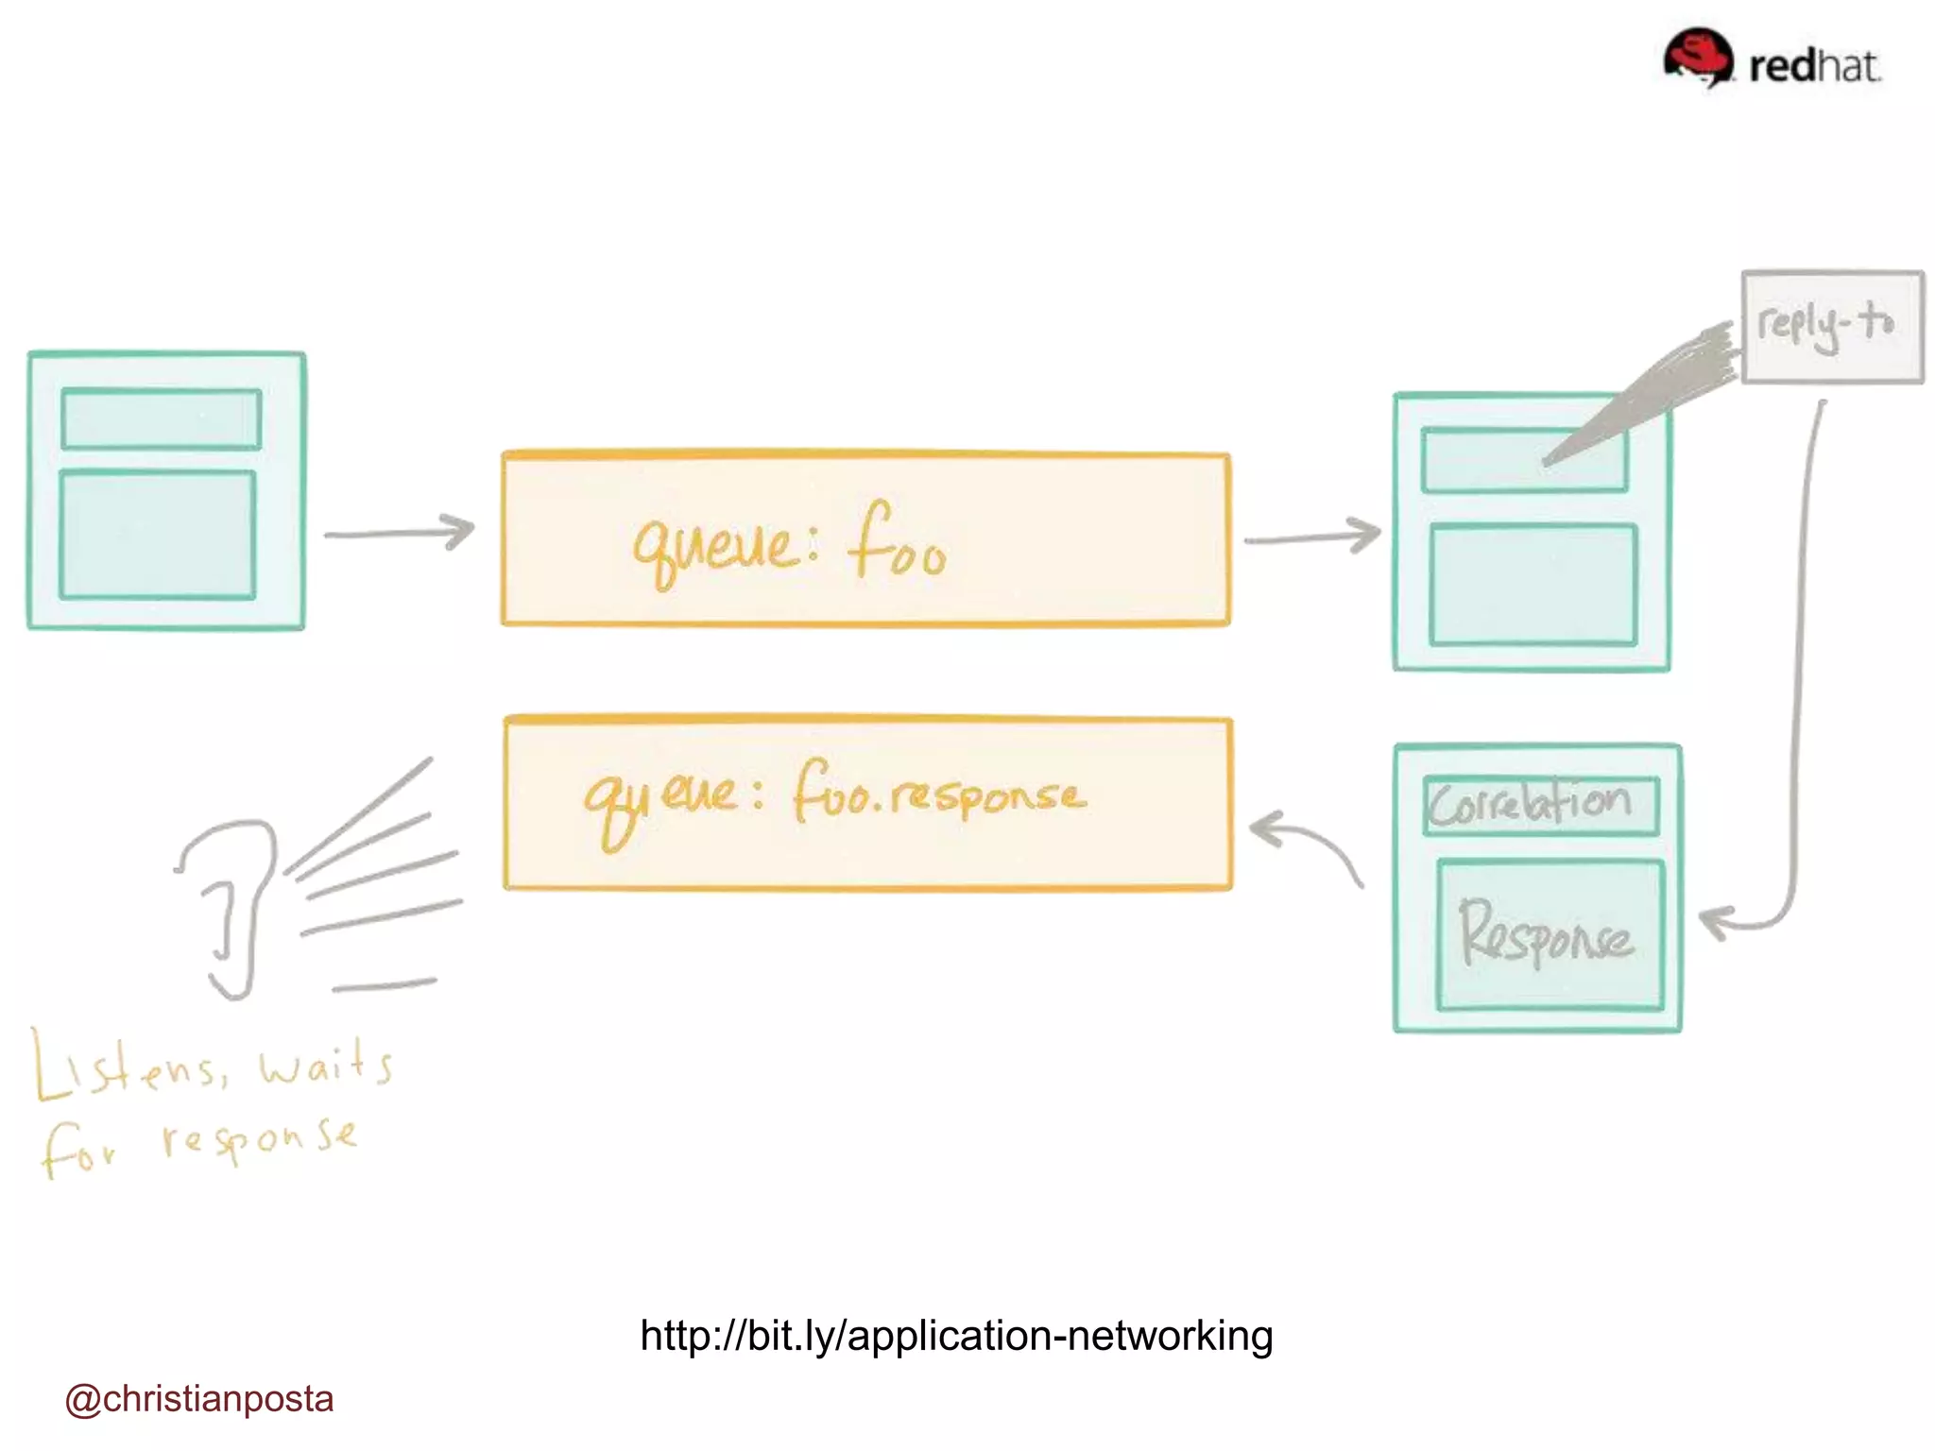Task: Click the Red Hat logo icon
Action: coord(1698,57)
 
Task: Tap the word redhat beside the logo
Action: coord(1814,66)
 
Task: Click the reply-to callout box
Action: coord(1831,326)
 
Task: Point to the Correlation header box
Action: coord(1540,806)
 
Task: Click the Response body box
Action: coord(1550,934)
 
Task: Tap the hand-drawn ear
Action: coord(231,907)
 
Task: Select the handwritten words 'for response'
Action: coord(198,1143)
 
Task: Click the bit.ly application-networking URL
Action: coord(956,1336)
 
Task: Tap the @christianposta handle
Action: coord(199,1399)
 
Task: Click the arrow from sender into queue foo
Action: coord(399,533)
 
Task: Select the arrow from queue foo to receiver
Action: coord(1311,538)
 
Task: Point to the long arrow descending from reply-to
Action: coord(1801,661)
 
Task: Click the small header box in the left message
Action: coord(162,418)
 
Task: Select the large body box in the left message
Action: coord(158,535)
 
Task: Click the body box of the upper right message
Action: coord(1533,585)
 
